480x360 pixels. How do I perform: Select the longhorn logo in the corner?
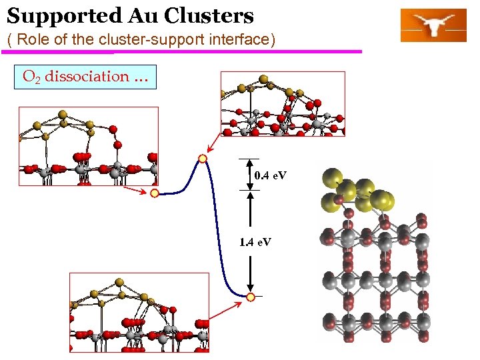433,25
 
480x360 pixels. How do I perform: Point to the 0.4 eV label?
271,175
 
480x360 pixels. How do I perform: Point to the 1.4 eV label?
255,241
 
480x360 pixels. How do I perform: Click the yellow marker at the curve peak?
203,159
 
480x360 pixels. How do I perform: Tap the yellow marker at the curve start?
154,193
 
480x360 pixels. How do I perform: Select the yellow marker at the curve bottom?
251,297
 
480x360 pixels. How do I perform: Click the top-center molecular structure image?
283,104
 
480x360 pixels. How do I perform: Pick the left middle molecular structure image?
89,146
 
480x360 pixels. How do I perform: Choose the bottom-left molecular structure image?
139,312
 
